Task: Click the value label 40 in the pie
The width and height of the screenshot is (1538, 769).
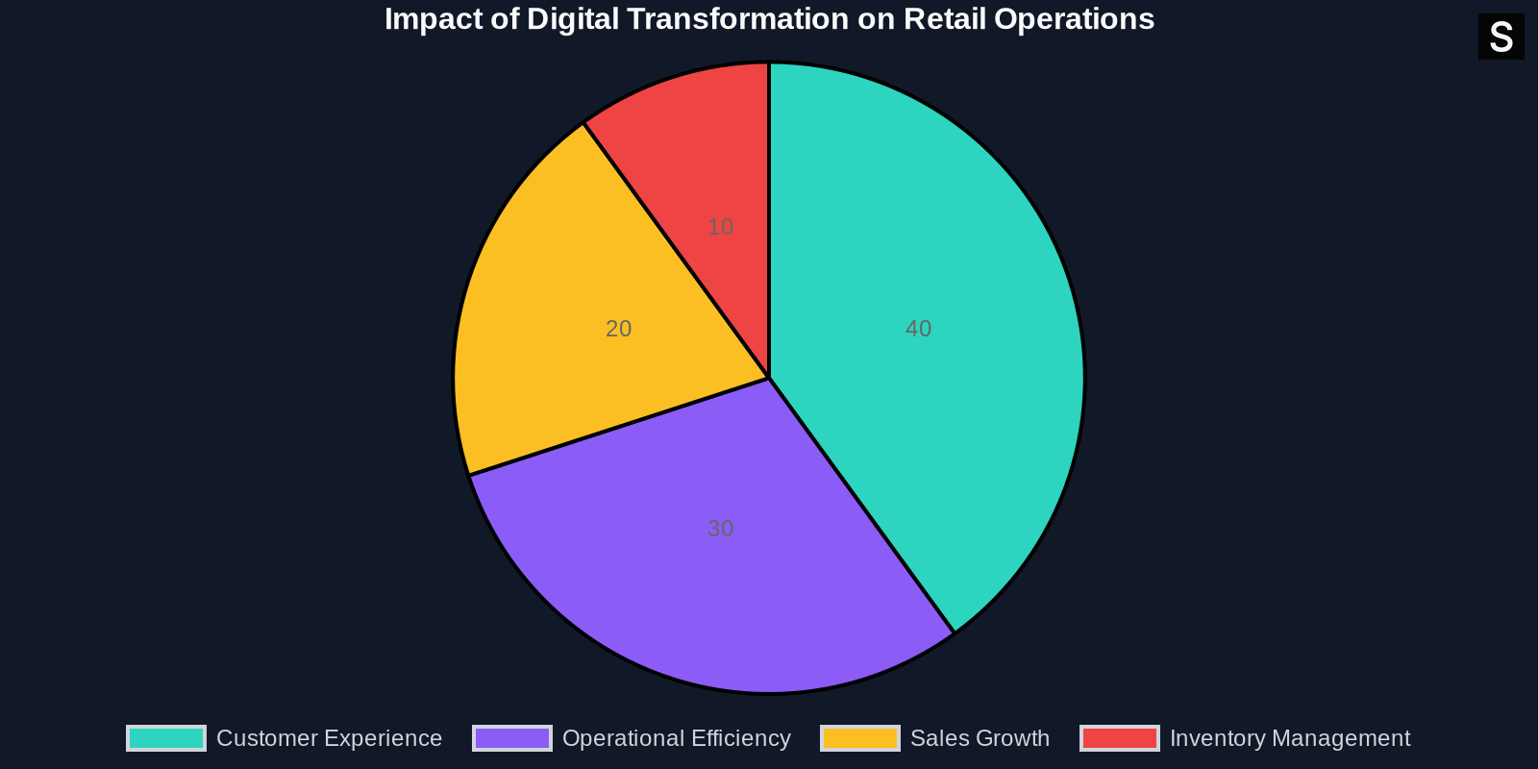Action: (x=918, y=329)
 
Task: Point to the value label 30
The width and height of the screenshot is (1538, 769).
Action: (x=720, y=529)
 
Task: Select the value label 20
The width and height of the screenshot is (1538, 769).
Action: (x=618, y=329)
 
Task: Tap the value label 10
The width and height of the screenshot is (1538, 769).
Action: (x=720, y=227)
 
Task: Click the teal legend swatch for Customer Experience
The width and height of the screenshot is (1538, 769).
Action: (x=166, y=738)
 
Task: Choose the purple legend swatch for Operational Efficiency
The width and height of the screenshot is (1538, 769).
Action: (x=512, y=738)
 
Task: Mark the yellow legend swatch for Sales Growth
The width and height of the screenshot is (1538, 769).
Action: (x=860, y=738)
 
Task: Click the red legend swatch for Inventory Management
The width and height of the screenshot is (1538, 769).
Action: (x=1120, y=738)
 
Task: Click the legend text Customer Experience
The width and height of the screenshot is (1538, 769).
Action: (x=329, y=738)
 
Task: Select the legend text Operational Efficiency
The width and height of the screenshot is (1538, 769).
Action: (x=676, y=738)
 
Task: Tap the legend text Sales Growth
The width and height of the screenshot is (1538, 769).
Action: (x=980, y=738)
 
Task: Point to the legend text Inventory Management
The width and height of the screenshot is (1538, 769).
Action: (x=1289, y=738)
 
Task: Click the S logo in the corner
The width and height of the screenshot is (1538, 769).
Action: (x=1501, y=37)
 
